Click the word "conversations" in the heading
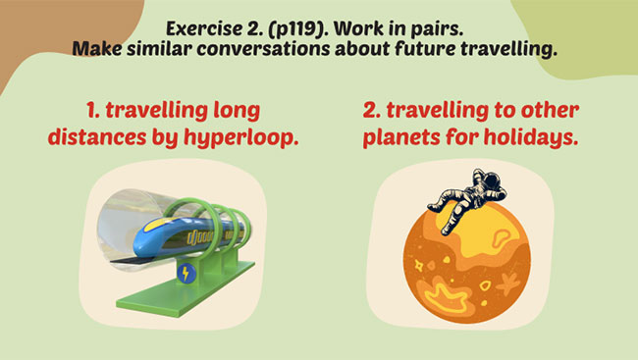[x=289, y=48]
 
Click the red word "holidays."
[x=526, y=138]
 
